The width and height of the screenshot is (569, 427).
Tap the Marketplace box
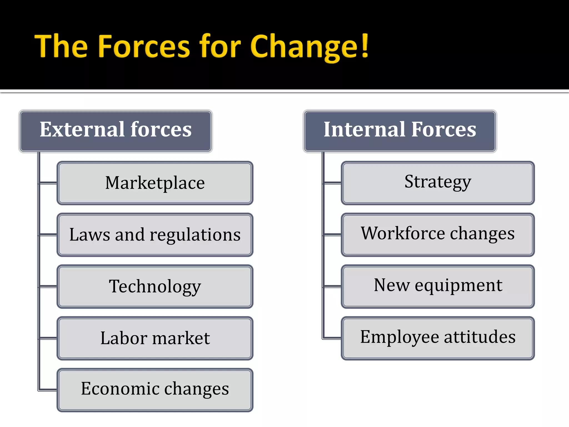(155, 183)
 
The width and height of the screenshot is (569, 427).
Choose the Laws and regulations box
(155, 235)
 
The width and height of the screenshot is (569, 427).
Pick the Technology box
(155, 287)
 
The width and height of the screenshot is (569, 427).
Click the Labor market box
(155, 338)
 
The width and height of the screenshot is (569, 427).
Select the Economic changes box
(155, 390)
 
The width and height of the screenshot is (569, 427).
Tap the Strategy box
(438, 183)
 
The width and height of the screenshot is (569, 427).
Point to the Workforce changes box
(438, 235)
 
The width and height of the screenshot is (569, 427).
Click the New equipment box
(438, 287)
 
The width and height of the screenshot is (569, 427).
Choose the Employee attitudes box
(438, 338)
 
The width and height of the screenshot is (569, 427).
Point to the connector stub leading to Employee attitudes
(332, 338)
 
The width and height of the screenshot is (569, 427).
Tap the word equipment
(458, 286)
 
